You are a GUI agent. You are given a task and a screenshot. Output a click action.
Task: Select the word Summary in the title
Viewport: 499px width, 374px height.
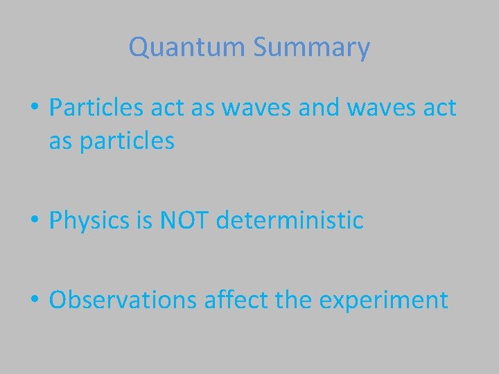pos(311,48)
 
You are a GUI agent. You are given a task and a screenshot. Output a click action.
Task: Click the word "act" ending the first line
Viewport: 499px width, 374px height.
pos(440,108)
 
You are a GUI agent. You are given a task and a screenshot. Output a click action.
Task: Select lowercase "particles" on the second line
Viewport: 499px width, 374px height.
pos(127,141)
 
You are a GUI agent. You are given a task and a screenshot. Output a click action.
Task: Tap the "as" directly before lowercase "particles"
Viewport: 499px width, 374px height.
pos(61,141)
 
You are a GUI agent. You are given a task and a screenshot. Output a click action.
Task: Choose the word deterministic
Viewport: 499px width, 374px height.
pos(290,221)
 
